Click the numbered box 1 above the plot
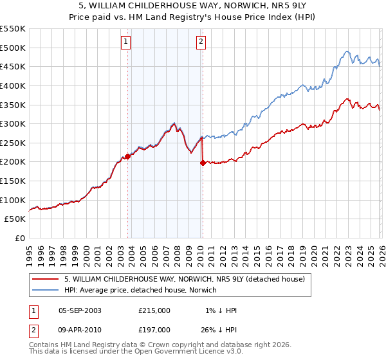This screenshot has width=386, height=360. [125, 42]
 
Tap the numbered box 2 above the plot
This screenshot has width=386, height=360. [201, 42]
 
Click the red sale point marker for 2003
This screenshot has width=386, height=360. [127, 156]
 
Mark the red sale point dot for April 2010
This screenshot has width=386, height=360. [203, 163]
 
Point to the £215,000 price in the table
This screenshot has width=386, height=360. [154, 310]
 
